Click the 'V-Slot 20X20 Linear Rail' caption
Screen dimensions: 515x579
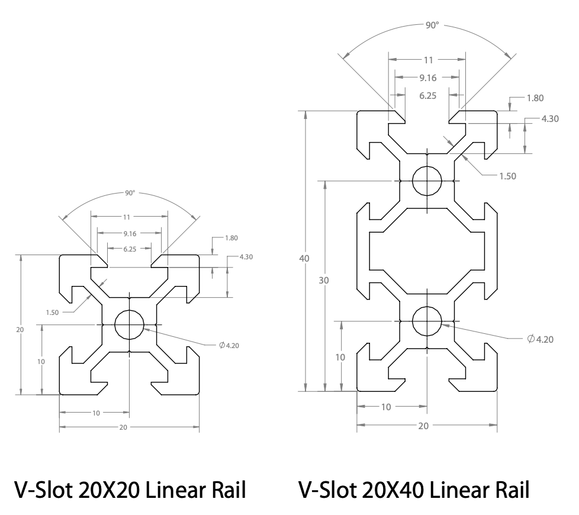(x=130, y=490)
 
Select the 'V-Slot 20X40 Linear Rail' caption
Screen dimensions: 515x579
(x=414, y=490)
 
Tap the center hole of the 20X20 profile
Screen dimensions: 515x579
(x=129, y=324)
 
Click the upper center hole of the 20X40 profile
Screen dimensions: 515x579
(x=427, y=181)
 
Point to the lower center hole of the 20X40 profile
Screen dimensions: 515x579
(x=427, y=320)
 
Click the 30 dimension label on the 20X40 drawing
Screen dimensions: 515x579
(x=323, y=281)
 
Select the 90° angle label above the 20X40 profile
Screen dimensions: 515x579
(x=433, y=26)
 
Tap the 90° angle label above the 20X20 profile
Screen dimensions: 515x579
(x=129, y=193)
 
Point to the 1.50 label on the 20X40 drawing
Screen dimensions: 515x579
(x=508, y=176)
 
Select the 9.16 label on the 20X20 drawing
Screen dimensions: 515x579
(x=129, y=233)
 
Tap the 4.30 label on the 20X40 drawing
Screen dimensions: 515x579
(x=550, y=118)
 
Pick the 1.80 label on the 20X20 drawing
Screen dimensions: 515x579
(x=232, y=238)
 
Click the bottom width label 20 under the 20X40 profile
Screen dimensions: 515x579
(x=427, y=426)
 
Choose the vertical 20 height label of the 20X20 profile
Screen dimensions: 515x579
(x=20, y=330)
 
